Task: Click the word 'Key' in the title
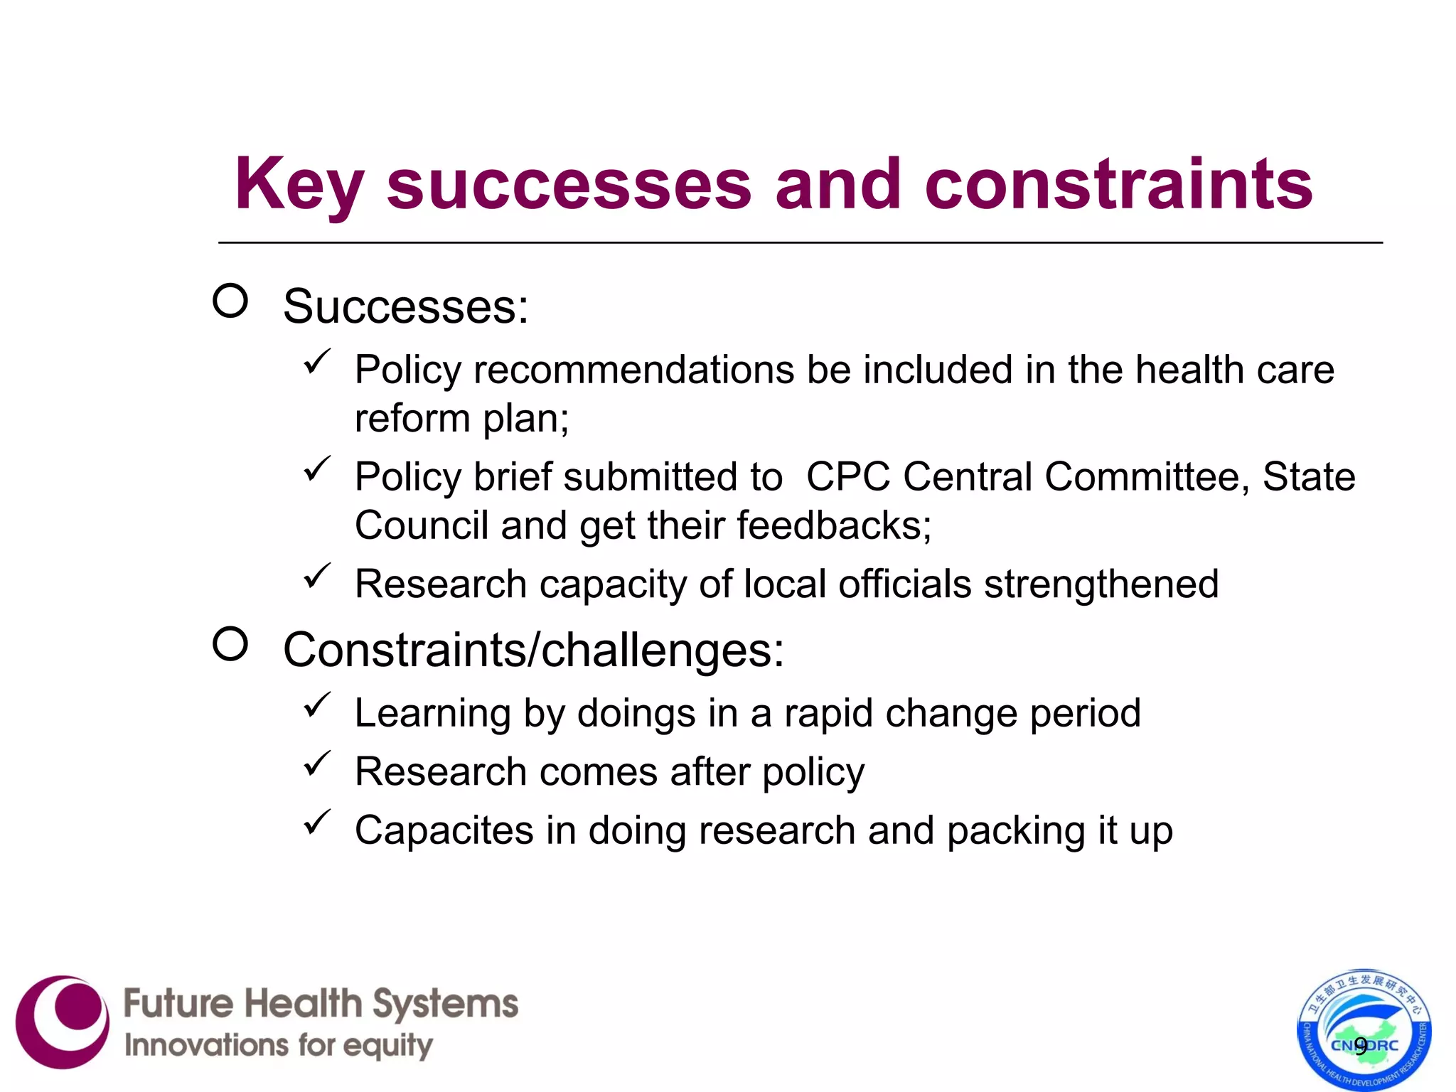tap(299, 185)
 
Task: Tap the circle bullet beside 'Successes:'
tap(230, 301)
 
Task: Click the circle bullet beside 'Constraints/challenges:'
tap(230, 644)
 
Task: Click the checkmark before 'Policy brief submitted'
tap(317, 469)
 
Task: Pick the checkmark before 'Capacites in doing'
tap(317, 823)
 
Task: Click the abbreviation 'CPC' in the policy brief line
tap(847, 476)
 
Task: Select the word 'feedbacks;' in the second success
tap(834, 525)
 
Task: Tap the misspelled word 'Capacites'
tap(444, 830)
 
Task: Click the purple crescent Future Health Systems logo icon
tap(63, 1022)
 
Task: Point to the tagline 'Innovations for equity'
tap(278, 1046)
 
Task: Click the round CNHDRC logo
tap(1364, 1029)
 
